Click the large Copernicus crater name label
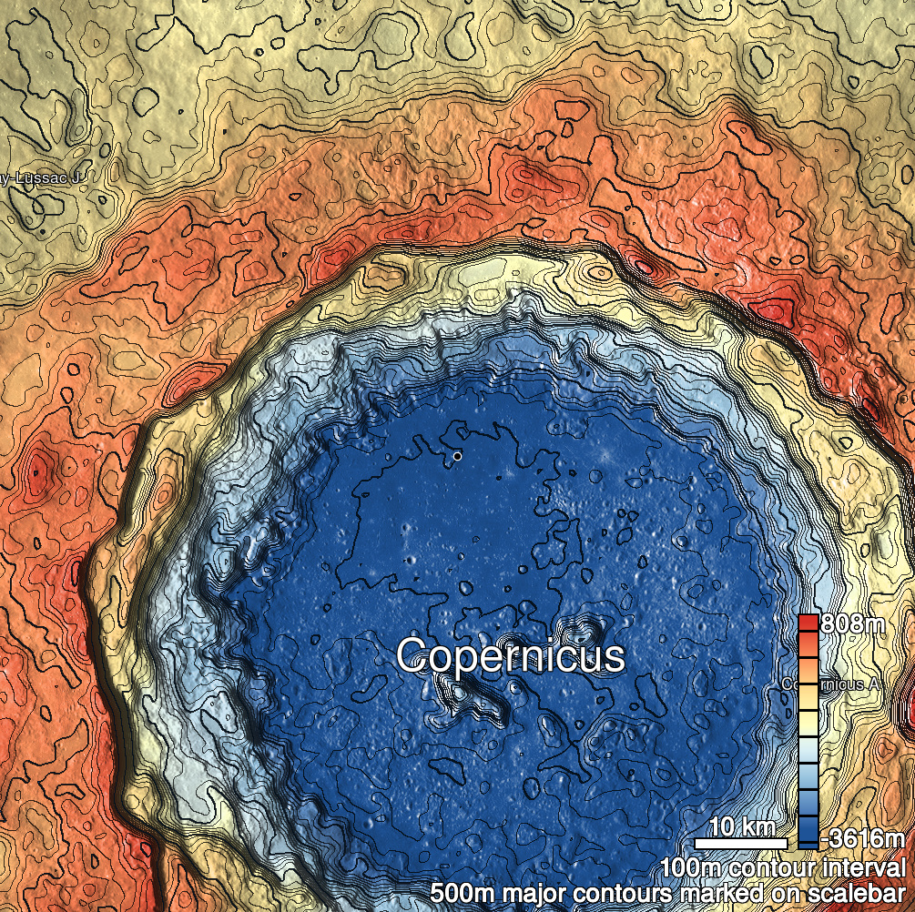pyautogui.click(x=511, y=656)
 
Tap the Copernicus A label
pyautogui.click(x=829, y=683)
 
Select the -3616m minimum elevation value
pyautogui.click(x=863, y=838)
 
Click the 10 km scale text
pyautogui.click(x=741, y=827)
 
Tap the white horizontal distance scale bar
pyautogui.click(x=741, y=843)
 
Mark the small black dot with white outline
pyautogui.click(x=457, y=455)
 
